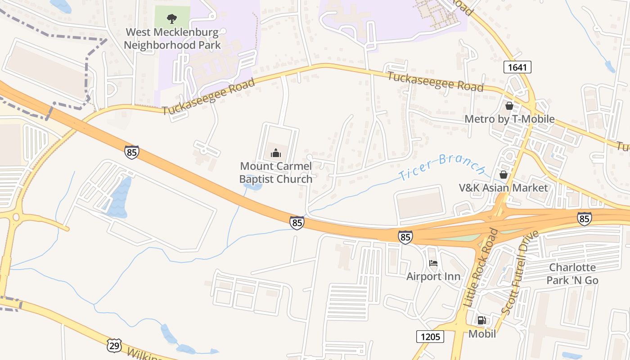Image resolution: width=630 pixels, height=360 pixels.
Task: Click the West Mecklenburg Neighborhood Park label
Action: pos(172,39)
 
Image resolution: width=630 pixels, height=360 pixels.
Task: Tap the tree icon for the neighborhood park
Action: pos(171,19)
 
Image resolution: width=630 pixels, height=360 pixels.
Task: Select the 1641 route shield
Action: pos(517,67)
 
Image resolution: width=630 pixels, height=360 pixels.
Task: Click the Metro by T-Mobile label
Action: pos(509,119)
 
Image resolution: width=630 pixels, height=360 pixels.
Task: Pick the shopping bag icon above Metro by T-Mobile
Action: pos(509,106)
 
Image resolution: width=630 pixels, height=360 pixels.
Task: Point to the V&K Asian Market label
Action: pos(503,188)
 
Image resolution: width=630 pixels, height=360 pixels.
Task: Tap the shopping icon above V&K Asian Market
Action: pos(503,174)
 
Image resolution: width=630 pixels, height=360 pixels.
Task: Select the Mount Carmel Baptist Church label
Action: pos(275,173)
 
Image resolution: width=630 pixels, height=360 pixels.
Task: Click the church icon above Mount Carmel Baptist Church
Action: pos(275,153)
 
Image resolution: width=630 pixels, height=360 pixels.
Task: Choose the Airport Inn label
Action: pos(433,276)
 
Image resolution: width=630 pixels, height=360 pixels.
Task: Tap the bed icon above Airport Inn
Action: pos(433,263)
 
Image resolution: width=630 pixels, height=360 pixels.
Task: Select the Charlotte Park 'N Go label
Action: pos(572,274)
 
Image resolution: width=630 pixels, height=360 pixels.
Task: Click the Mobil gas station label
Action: pos(482,334)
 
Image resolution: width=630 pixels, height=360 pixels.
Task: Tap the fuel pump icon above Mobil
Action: pos(482,320)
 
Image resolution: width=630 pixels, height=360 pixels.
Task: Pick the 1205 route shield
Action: pos(430,337)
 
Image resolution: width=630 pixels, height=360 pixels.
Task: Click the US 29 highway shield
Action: pos(114,346)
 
